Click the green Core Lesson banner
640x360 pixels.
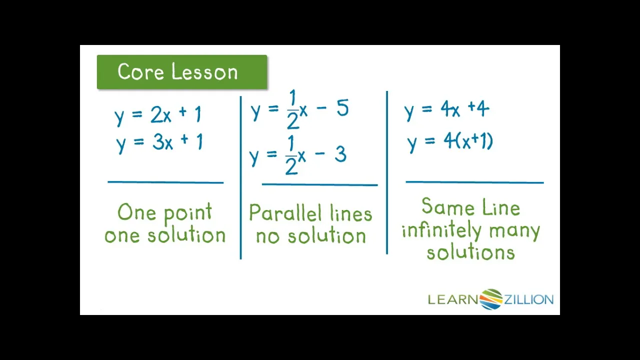182,72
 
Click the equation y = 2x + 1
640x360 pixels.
158,115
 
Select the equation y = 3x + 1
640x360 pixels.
159,142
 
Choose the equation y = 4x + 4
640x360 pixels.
446,109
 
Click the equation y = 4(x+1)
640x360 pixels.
450,141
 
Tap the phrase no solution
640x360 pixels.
310,236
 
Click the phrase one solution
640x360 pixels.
165,235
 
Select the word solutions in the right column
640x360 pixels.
470,252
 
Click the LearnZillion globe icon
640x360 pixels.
491,299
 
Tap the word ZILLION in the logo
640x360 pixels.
528,299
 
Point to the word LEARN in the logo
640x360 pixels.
453,299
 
